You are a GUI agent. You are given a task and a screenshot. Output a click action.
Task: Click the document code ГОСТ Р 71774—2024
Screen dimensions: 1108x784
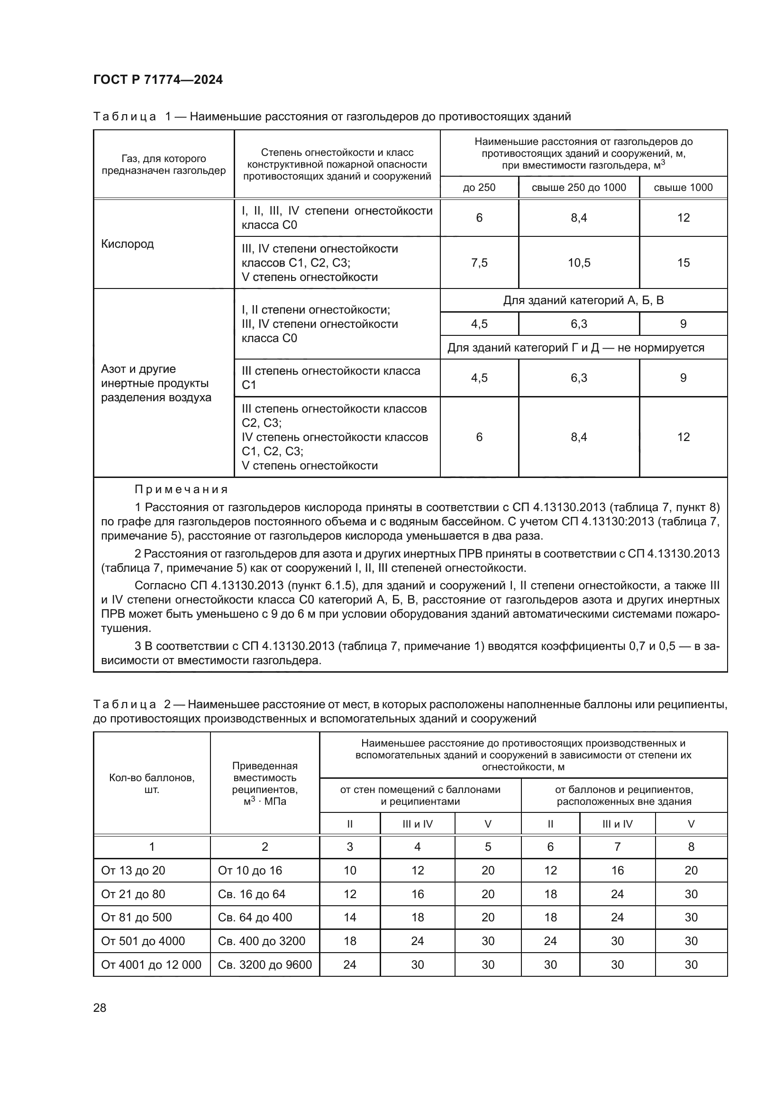tap(158, 80)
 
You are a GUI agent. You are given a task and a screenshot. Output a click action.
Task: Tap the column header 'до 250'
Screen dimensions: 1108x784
tap(479, 187)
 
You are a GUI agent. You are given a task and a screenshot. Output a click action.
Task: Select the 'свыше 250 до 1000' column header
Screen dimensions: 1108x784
tap(578, 187)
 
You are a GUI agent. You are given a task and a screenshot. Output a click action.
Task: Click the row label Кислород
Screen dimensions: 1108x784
tap(128, 244)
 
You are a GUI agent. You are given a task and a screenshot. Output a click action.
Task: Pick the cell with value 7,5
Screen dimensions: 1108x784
tap(479, 262)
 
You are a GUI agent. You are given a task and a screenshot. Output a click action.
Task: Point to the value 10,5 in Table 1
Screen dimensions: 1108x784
tap(578, 262)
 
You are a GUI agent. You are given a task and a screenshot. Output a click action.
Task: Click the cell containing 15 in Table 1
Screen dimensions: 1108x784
tap(683, 262)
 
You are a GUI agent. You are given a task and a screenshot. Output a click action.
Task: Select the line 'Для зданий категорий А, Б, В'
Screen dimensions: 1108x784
tap(583, 300)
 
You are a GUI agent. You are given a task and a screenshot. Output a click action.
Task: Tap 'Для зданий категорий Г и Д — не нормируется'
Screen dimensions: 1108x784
tap(575, 347)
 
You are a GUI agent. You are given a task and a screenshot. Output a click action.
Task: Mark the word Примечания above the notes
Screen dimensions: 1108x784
tap(181, 489)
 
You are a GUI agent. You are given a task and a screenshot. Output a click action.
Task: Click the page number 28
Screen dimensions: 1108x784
tap(100, 1008)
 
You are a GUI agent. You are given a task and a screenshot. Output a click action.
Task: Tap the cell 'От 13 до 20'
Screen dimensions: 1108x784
tap(133, 871)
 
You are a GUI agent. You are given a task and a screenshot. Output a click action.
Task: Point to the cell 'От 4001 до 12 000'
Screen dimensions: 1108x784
tap(151, 964)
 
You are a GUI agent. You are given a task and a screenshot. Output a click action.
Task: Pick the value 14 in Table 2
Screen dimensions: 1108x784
tap(349, 918)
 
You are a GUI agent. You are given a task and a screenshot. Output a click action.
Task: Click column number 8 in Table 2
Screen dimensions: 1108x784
tap(691, 847)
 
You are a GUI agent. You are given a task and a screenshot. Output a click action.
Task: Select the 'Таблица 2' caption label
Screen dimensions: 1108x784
tap(125, 704)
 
